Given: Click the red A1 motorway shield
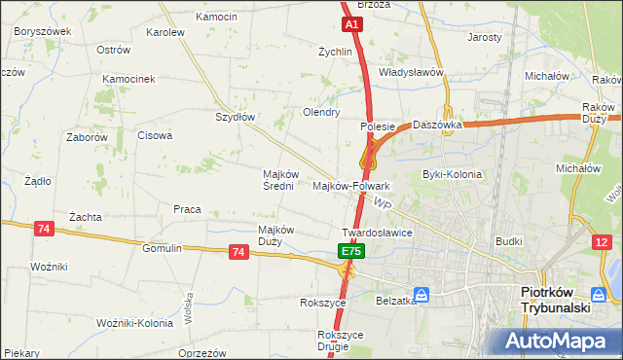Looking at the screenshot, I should (x=351, y=23).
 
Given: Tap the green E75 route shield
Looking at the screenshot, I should (x=351, y=251).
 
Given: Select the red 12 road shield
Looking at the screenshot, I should (x=605, y=241).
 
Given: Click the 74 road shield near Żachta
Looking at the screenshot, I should (x=43, y=228).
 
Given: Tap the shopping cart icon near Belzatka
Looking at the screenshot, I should (x=421, y=294).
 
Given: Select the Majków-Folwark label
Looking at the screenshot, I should (x=351, y=185).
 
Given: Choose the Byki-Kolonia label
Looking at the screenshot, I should (x=452, y=175).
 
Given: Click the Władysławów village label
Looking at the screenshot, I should (x=411, y=72).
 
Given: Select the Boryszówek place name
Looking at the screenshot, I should (x=43, y=31).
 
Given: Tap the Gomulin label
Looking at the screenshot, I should (x=162, y=248).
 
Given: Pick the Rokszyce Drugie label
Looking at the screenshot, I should (x=340, y=341).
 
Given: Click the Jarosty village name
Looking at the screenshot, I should (x=485, y=38).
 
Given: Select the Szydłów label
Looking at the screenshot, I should (x=235, y=117).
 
